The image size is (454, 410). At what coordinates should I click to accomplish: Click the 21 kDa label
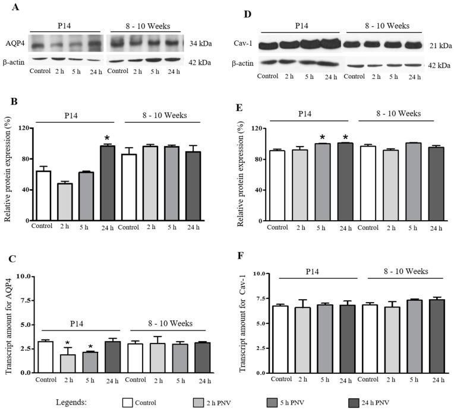439,45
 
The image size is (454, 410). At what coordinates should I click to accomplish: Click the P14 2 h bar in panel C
68,363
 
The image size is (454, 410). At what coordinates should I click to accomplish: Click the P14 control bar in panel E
277,185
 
